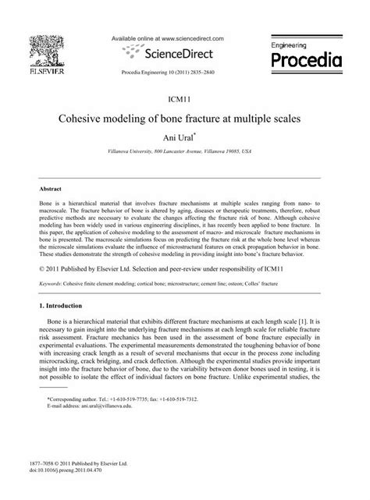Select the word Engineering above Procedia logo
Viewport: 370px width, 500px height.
294,46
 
